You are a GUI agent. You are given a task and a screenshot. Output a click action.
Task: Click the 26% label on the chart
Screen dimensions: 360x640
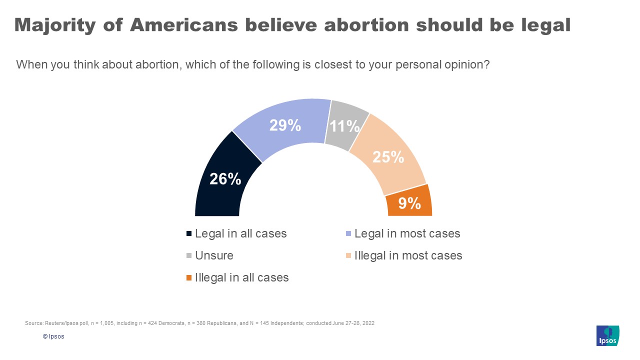(225, 179)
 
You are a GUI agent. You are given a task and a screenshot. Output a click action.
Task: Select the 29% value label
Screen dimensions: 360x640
(285, 125)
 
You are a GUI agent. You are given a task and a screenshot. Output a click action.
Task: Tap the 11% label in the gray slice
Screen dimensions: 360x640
(345, 126)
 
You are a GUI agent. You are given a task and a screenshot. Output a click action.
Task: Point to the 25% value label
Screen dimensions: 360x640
(388, 157)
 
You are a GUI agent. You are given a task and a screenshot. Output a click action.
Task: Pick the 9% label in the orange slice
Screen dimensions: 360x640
(409, 203)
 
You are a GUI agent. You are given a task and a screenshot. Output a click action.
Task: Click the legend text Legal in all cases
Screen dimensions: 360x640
(240, 233)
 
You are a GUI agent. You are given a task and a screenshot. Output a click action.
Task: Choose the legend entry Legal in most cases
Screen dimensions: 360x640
(406, 233)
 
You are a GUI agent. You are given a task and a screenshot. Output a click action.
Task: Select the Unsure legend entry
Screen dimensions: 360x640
(214, 255)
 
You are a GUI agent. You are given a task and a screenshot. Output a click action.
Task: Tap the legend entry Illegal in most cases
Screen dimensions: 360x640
(408, 255)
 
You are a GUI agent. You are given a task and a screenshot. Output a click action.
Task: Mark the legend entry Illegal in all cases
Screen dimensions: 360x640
(241, 277)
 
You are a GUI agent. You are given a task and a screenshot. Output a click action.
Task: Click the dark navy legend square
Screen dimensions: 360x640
(189, 234)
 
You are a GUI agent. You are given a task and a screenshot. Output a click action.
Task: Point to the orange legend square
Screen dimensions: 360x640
(189, 278)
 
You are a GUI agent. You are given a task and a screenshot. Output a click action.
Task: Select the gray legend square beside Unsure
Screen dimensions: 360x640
(189, 256)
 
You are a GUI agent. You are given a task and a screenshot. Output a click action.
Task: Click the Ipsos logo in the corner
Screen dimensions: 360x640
(607, 335)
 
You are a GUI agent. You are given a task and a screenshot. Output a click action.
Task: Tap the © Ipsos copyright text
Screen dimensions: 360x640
(53, 336)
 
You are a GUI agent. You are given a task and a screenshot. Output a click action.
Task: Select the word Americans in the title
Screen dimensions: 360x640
(182, 25)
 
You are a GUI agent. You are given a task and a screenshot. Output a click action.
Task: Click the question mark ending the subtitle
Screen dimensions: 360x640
(486, 65)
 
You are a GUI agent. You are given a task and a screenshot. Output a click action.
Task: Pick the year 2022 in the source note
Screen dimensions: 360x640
(368, 323)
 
